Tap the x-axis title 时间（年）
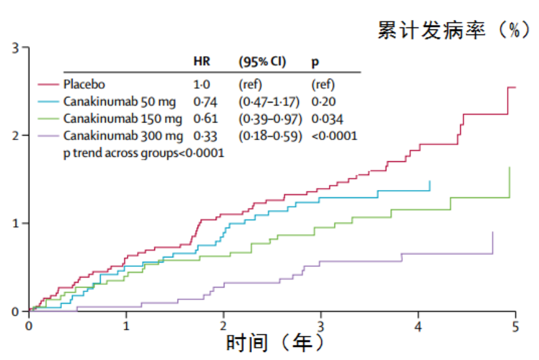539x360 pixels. (275, 342)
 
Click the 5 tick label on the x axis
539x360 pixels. (515, 326)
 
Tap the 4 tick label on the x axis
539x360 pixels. (418, 326)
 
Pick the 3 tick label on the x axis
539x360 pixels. (321, 326)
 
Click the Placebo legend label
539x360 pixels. (84, 84)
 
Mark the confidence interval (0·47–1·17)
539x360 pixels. (269, 101)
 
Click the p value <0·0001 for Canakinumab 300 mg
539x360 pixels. (334, 135)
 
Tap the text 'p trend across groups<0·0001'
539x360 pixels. (144, 152)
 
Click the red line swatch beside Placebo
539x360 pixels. (48, 84)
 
